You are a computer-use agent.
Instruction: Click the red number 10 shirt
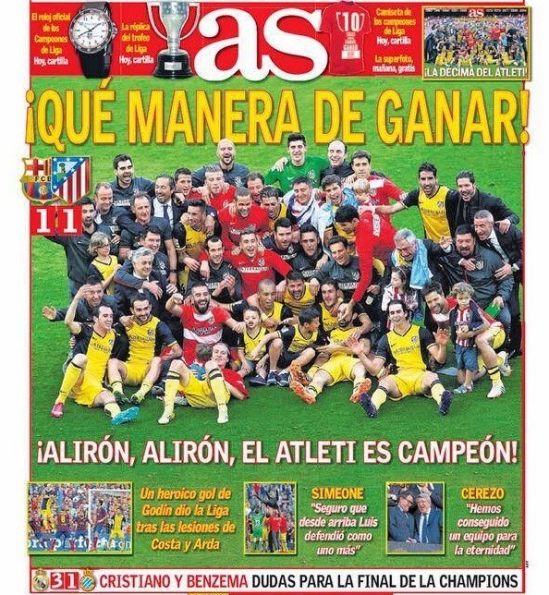pos(348,37)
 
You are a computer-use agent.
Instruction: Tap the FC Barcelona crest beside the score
pos(38,180)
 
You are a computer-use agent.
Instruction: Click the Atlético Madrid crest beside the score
pos(71,180)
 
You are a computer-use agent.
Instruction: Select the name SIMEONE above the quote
pos(336,493)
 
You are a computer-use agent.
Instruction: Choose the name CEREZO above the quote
pos(482,493)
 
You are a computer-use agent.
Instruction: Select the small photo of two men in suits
pos(414,516)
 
